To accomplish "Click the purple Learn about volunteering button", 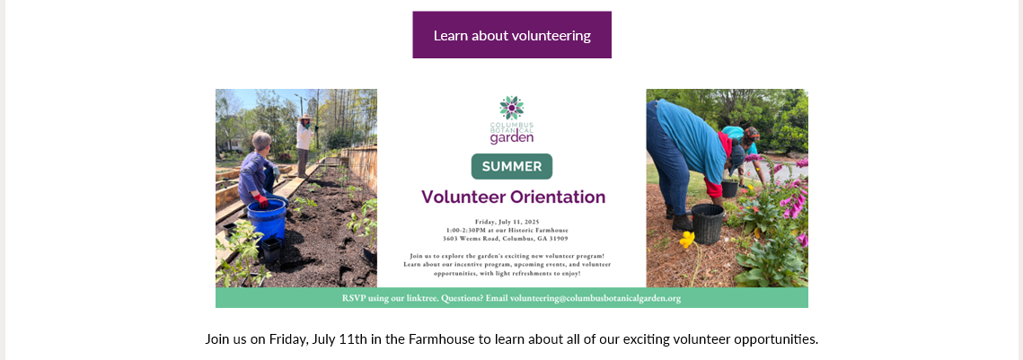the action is click(x=512, y=35).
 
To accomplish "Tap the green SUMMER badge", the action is click(x=512, y=166).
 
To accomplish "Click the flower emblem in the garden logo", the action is click(x=512, y=108).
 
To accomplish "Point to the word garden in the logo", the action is click(x=512, y=137).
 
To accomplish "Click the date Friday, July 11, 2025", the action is click(x=512, y=222).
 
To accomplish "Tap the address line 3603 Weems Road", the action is click(x=512, y=239).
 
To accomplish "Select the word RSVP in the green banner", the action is click(x=354, y=299).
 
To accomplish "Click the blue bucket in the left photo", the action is click(x=267, y=218).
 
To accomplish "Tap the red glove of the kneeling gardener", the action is click(x=261, y=199).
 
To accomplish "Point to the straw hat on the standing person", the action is click(x=304, y=118).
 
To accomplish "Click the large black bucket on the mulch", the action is click(x=708, y=223).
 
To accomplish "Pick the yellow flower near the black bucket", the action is click(x=687, y=240).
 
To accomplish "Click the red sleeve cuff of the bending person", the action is click(x=715, y=189).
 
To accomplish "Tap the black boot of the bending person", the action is click(x=682, y=222).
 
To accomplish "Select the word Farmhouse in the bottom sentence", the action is click(x=437, y=339).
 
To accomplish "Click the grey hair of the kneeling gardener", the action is click(x=261, y=139).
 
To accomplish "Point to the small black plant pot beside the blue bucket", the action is click(x=270, y=249).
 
